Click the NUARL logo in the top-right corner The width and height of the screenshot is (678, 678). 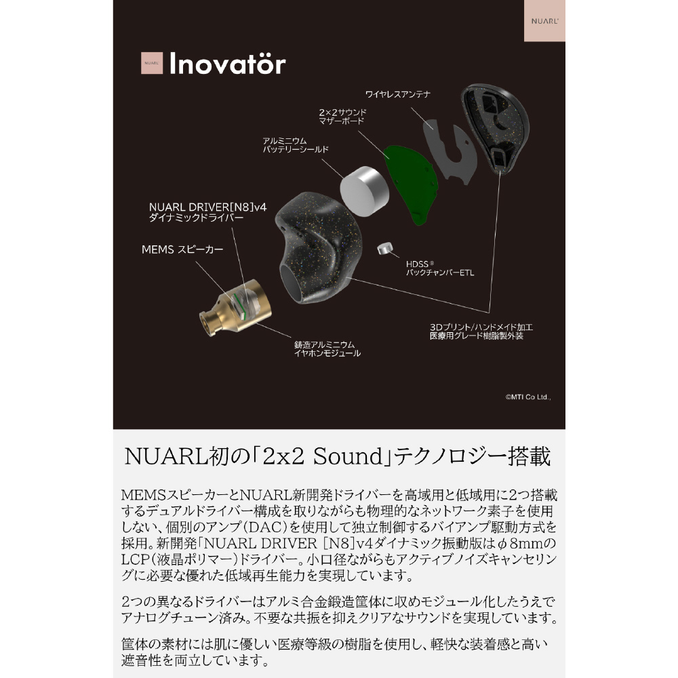(x=544, y=21)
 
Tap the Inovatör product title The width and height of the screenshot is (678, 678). (x=227, y=64)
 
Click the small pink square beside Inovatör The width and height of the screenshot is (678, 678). (x=152, y=63)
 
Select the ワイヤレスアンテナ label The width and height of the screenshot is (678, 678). (x=397, y=94)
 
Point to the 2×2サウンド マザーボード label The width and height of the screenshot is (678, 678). (x=342, y=117)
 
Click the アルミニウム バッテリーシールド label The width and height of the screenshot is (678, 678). (x=296, y=145)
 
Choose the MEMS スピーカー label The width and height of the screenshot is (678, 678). (x=182, y=250)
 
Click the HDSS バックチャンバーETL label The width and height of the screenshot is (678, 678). (x=440, y=268)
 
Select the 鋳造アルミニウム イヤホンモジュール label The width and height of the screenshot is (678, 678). (x=327, y=349)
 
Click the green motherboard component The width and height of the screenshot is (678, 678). (x=412, y=184)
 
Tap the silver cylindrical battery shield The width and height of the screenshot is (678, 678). (x=364, y=191)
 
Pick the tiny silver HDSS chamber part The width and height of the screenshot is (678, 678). (x=385, y=249)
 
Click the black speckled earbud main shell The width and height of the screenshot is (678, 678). (x=318, y=247)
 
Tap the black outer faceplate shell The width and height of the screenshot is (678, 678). (x=495, y=127)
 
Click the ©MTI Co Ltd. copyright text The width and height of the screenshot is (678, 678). (x=528, y=397)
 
